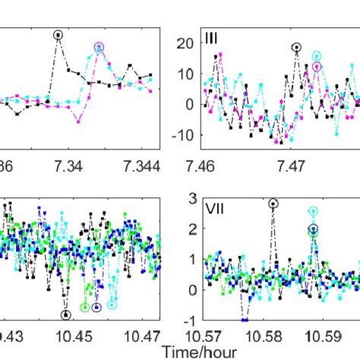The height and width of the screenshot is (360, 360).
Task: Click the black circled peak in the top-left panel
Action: coord(58,34)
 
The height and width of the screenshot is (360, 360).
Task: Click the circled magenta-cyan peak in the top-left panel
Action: coord(99,47)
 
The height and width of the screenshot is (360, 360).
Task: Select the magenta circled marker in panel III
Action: coord(316,67)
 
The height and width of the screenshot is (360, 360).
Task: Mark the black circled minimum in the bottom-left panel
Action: coord(66,314)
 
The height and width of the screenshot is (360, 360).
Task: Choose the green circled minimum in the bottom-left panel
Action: coord(85,307)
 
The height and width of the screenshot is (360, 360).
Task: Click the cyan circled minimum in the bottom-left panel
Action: coord(112,305)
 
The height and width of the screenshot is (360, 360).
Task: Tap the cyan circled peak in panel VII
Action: coord(313,211)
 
